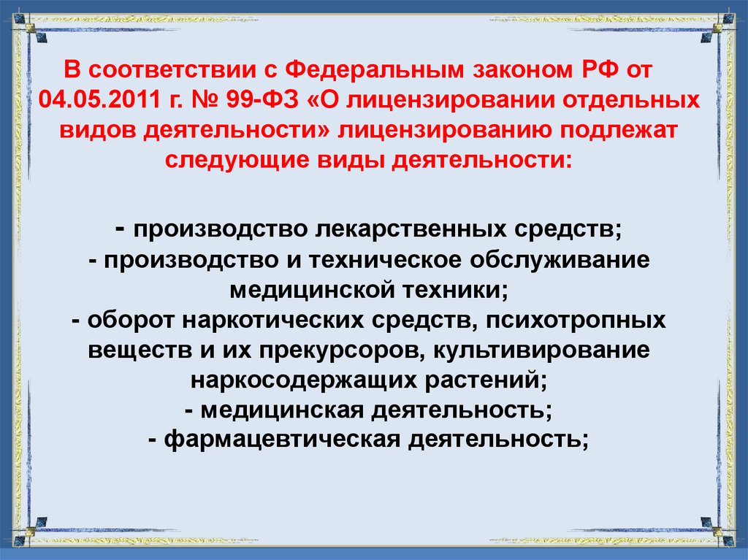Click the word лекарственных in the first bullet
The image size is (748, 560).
(x=394, y=231)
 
